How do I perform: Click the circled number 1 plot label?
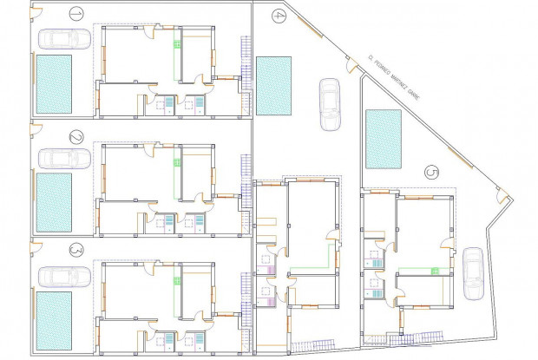(x=75, y=14)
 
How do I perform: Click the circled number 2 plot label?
(x=75, y=137)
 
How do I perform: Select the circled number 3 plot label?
(x=75, y=250)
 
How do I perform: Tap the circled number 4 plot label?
(x=278, y=15)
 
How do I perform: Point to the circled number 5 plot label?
(x=432, y=172)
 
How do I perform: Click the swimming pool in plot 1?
(x=54, y=82)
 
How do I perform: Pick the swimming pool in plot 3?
(x=54, y=316)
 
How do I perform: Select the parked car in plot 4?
(x=330, y=104)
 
